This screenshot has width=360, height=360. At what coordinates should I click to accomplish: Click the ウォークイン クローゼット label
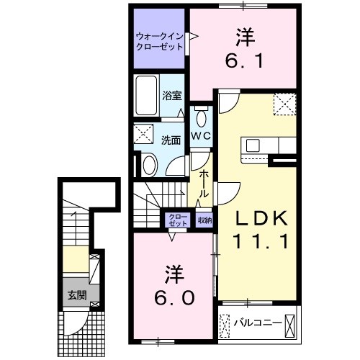pos(159,41)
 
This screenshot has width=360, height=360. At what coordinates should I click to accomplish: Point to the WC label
pos(200,135)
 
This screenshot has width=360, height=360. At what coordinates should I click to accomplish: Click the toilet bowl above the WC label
pos(200,117)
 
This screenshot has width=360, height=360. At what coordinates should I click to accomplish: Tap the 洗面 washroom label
pos(170,140)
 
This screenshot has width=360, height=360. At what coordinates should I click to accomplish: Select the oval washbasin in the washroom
pos(148,165)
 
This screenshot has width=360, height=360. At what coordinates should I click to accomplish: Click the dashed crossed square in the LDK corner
pos(285,106)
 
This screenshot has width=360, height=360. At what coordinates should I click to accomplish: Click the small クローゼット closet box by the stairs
pos(177,220)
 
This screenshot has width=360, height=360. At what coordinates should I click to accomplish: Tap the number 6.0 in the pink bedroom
pos(173,296)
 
